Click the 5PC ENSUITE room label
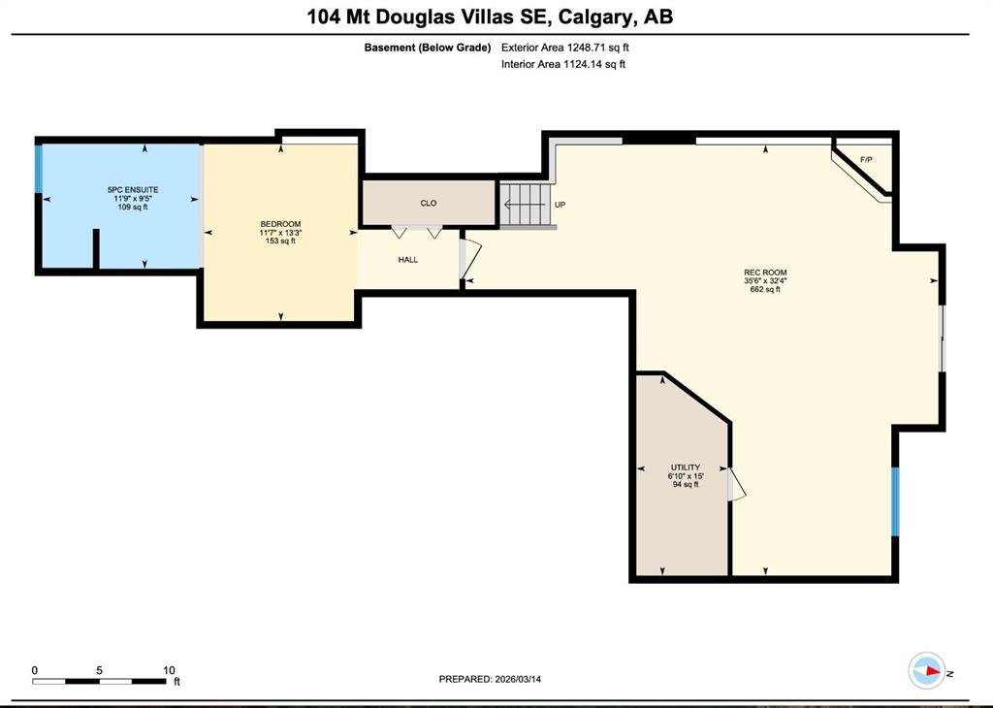pyautogui.click(x=132, y=189)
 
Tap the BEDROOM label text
pyautogui.click(x=280, y=224)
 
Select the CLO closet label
pyautogui.click(x=429, y=204)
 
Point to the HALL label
pyautogui.click(x=408, y=260)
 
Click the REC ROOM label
pyautogui.click(x=765, y=273)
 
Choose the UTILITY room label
pyautogui.click(x=686, y=467)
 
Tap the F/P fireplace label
pyautogui.click(x=866, y=160)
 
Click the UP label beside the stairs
pyautogui.click(x=560, y=205)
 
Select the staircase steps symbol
pyautogui.click(x=525, y=205)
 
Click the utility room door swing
pyautogui.click(x=737, y=485)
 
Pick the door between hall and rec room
pyautogui.click(x=470, y=258)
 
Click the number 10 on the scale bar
pyautogui.click(x=169, y=670)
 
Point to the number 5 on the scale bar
pyautogui.click(x=100, y=670)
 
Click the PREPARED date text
pyautogui.click(x=490, y=679)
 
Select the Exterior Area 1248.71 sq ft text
pyautogui.click(x=565, y=48)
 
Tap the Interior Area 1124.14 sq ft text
pyautogui.click(x=563, y=64)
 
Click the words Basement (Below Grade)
pyautogui.click(x=428, y=48)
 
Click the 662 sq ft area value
pyautogui.click(x=765, y=289)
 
